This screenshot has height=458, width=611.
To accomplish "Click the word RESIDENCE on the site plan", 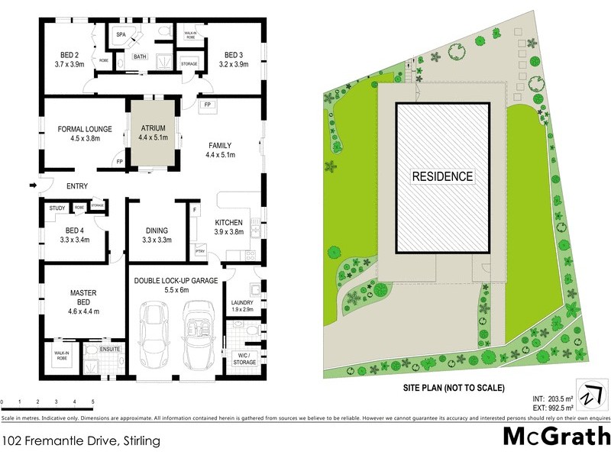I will [442, 176].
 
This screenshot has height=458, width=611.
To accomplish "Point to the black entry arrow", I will [33, 185].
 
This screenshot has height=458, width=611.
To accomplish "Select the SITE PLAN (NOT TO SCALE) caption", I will [454, 388].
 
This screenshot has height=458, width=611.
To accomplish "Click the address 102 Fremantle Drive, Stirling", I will [75, 440].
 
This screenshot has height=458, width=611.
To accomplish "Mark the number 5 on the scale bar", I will [92, 402].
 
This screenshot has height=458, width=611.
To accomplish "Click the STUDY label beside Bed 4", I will [57, 208].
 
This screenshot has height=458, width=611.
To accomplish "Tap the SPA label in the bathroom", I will [121, 35].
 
